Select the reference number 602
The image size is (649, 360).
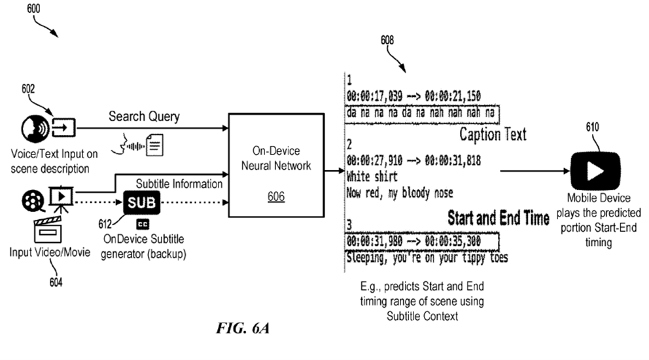[x=28, y=90]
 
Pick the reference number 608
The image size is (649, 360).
[x=387, y=41]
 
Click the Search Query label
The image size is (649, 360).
[x=143, y=117]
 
